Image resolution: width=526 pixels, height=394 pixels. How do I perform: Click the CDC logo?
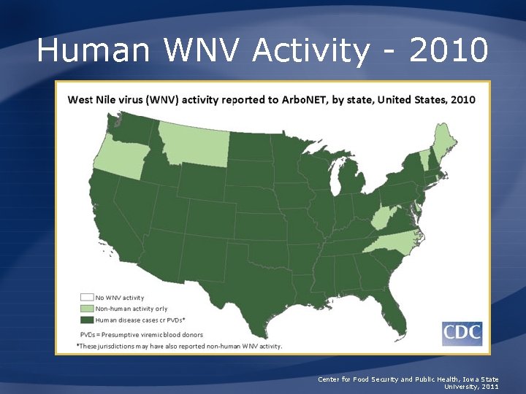(462, 333)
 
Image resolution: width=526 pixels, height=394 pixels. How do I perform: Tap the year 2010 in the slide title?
(449, 50)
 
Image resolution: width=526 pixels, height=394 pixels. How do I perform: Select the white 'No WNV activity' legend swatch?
(86, 298)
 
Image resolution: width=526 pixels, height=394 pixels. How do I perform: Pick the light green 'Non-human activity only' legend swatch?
(86, 309)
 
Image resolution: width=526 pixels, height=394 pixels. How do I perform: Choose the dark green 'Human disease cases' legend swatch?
(86, 320)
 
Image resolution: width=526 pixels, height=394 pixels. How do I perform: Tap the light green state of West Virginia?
(379, 217)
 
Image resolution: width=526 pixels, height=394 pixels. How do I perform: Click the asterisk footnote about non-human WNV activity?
(179, 345)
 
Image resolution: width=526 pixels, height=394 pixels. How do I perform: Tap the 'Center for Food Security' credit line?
(408, 379)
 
